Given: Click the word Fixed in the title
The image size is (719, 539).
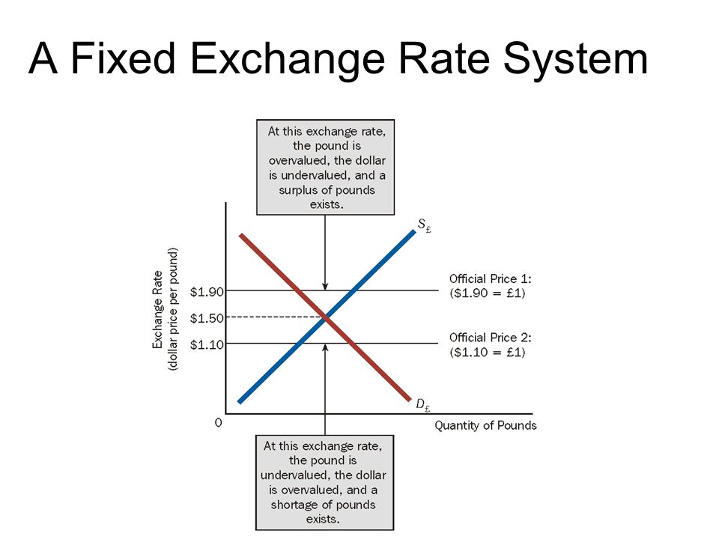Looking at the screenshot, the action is pos(124,58).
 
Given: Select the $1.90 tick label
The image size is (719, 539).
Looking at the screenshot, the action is pos(207,291).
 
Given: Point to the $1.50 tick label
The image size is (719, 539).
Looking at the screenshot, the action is pos(207,317).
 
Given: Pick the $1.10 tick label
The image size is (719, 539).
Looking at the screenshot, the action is pos(207,344).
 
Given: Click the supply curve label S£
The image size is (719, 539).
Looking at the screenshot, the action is pos(424,225).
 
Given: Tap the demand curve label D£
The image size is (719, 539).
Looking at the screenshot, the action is pos(422,404).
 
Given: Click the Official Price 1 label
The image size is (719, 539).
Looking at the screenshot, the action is pos(490,285).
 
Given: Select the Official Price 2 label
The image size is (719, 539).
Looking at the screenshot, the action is pos(490,344).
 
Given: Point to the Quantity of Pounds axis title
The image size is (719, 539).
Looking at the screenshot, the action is pos(485,425).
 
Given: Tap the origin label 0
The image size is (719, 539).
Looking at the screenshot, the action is pos(218,422).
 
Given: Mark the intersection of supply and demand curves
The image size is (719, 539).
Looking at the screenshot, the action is pos(325,317).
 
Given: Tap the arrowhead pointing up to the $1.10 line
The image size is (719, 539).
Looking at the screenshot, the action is pos(325,347).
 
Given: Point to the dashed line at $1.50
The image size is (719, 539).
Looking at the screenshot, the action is pos(275,317).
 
